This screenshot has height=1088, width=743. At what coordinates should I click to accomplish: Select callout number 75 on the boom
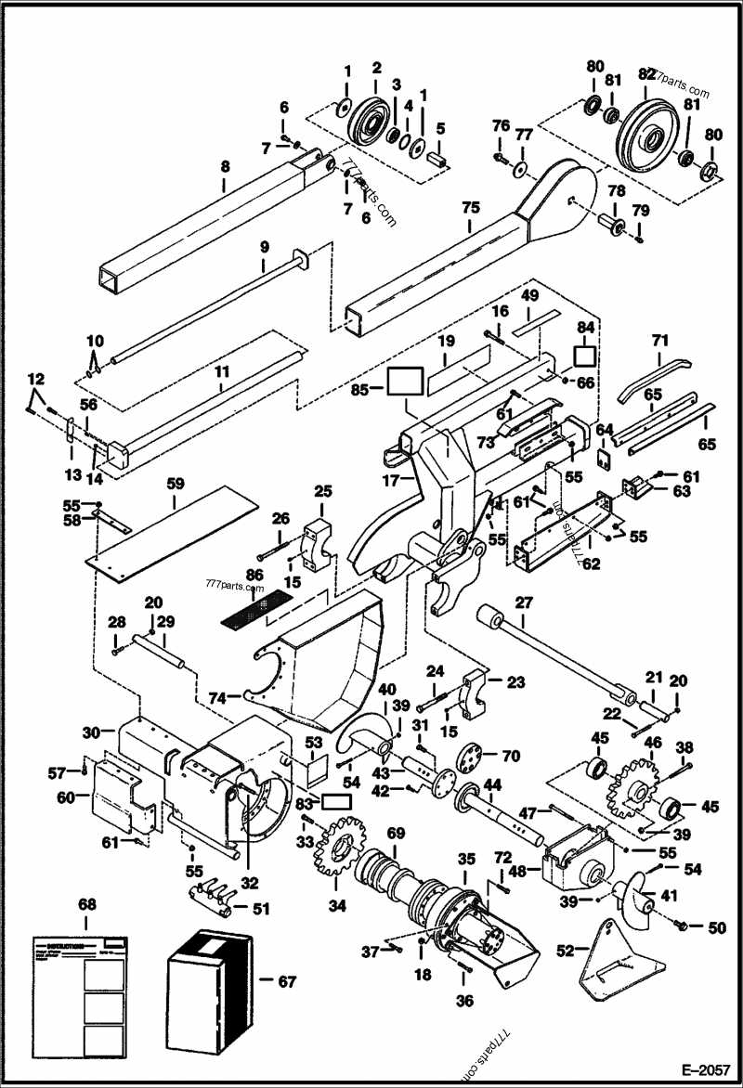point(470,206)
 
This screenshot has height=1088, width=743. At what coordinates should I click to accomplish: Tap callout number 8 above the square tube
point(225,168)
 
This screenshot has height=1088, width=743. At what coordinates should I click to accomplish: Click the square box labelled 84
point(585,357)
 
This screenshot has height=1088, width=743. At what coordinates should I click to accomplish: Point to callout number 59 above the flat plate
point(176,483)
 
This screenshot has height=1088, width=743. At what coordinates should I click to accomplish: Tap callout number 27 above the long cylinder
point(524,602)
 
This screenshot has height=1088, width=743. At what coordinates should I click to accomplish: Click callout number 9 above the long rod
point(263,246)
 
